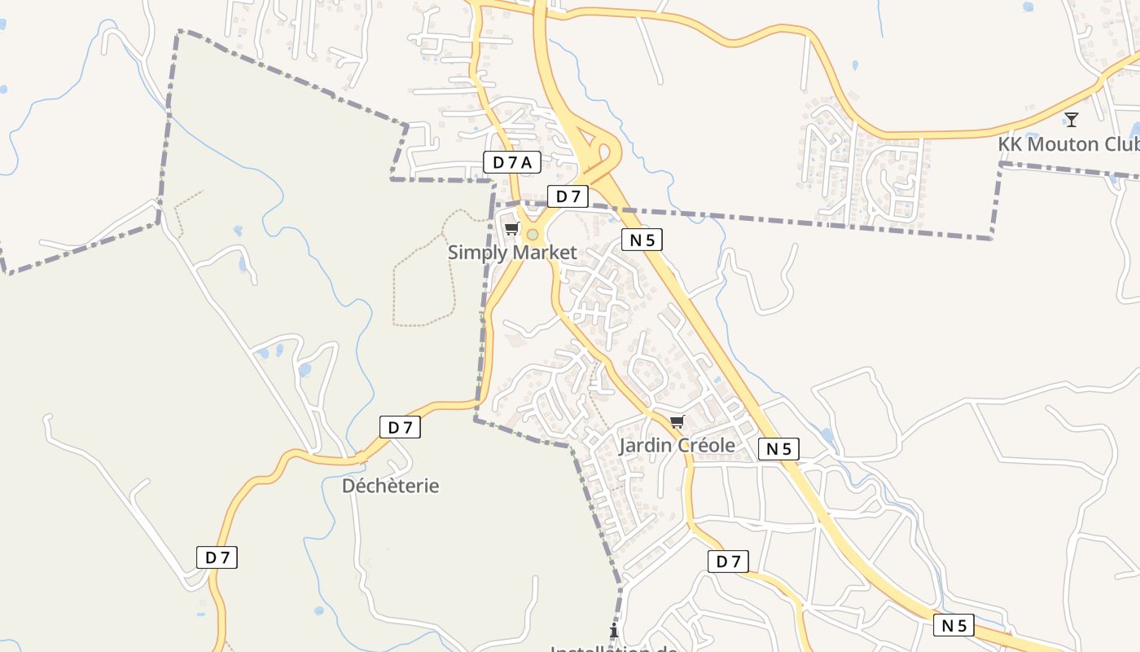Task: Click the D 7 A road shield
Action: click(x=512, y=162)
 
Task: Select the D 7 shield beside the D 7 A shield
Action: click(x=568, y=196)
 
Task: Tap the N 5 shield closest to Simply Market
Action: click(x=642, y=240)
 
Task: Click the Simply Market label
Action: click(x=512, y=253)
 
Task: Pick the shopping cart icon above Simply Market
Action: click(x=511, y=228)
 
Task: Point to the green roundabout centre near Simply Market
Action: click(x=533, y=235)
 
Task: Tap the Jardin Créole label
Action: click(x=677, y=445)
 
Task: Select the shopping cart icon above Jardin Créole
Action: click(x=677, y=421)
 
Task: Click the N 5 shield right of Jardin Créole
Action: click(x=778, y=449)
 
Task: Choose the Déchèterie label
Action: click(x=390, y=486)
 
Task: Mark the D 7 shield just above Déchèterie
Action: click(x=400, y=427)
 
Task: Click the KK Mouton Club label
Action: click(x=1068, y=144)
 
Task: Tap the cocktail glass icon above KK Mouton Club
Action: click(x=1072, y=120)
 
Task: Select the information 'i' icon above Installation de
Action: click(x=614, y=631)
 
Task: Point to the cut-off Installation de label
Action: click(x=615, y=648)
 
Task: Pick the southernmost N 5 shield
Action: click(x=954, y=626)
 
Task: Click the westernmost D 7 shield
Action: click(x=217, y=557)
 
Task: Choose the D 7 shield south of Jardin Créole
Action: click(x=728, y=562)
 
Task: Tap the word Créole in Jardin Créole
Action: click(x=701, y=445)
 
